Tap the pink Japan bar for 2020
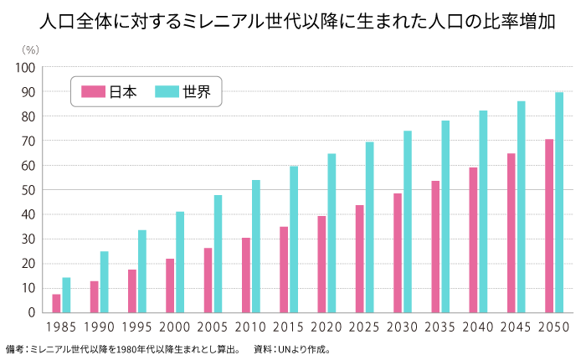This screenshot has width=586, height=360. click(321, 264)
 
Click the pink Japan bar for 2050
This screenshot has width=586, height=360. click(549, 226)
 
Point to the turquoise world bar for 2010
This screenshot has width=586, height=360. click(256, 246)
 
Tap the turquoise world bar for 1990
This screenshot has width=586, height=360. click(105, 281)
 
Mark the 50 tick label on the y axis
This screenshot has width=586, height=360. click(28, 190)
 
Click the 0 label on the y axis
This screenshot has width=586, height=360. click(31, 312)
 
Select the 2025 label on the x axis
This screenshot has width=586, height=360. click(364, 327)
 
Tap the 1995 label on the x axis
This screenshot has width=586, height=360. click(137, 327)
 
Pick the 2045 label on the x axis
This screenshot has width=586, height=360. click(516, 327)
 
